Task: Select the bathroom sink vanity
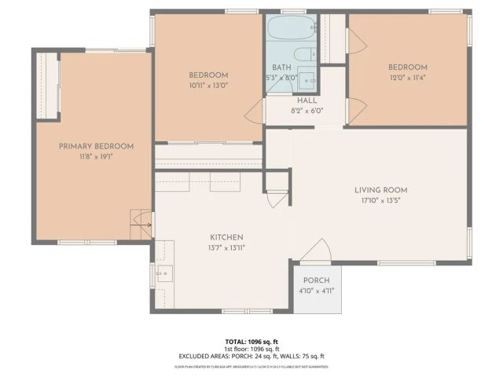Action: point(308,80)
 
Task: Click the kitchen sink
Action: point(164,274)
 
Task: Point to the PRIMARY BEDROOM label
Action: point(96,146)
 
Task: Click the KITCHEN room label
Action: point(226,237)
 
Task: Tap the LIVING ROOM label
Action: point(380,190)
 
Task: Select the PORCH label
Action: point(317,280)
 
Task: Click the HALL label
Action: point(307,101)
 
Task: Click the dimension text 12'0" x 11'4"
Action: point(407,77)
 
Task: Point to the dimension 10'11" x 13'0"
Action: point(208,85)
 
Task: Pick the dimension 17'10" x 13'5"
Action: point(380,200)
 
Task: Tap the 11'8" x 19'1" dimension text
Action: point(96,156)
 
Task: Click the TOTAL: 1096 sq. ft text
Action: point(251,342)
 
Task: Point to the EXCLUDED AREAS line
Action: point(251,356)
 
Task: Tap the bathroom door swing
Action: point(255,112)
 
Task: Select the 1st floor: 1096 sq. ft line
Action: point(251,349)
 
